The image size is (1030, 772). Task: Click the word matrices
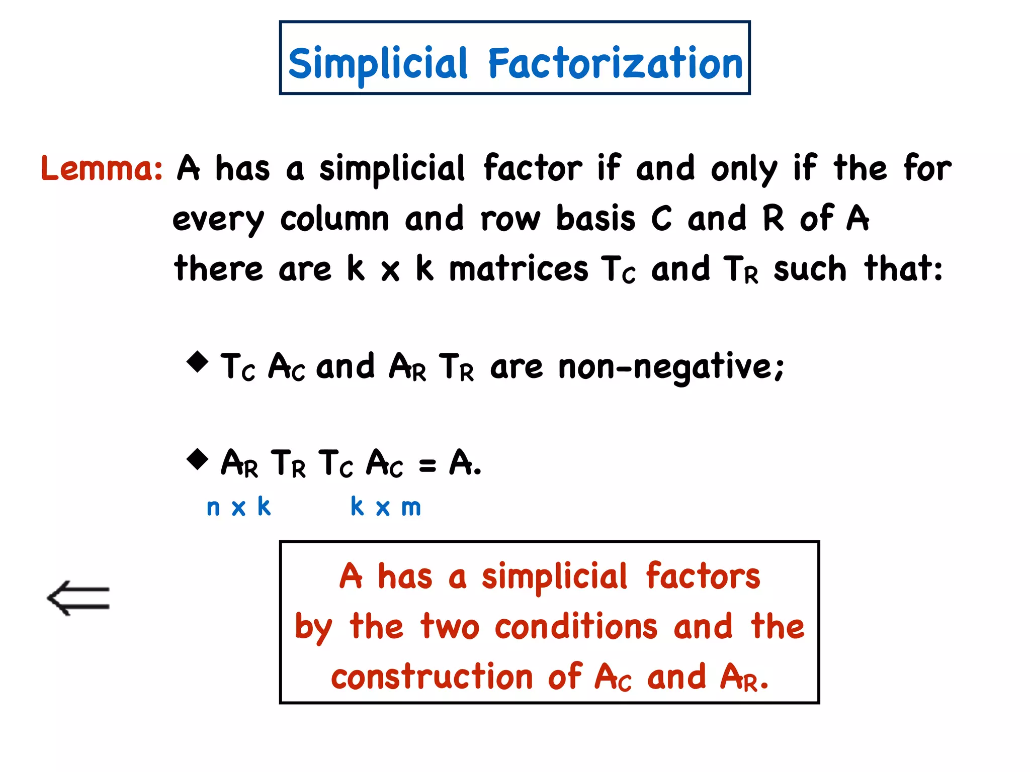[x=518, y=269]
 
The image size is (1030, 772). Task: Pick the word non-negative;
[x=671, y=367]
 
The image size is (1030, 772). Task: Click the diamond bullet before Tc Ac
[x=197, y=362]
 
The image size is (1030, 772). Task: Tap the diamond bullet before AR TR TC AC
[x=197, y=459]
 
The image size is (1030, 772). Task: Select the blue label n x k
[x=239, y=507]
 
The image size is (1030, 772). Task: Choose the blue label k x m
[x=386, y=507]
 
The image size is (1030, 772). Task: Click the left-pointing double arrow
[x=78, y=598]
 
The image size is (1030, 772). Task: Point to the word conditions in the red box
[x=576, y=627]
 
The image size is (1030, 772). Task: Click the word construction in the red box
[x=432, y=677]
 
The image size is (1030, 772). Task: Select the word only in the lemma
[x=744, y=169]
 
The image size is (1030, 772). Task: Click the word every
[x=218, y=220]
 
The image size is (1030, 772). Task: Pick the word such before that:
[x=810, y=269]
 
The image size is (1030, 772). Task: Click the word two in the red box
[x=450, y=627]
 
